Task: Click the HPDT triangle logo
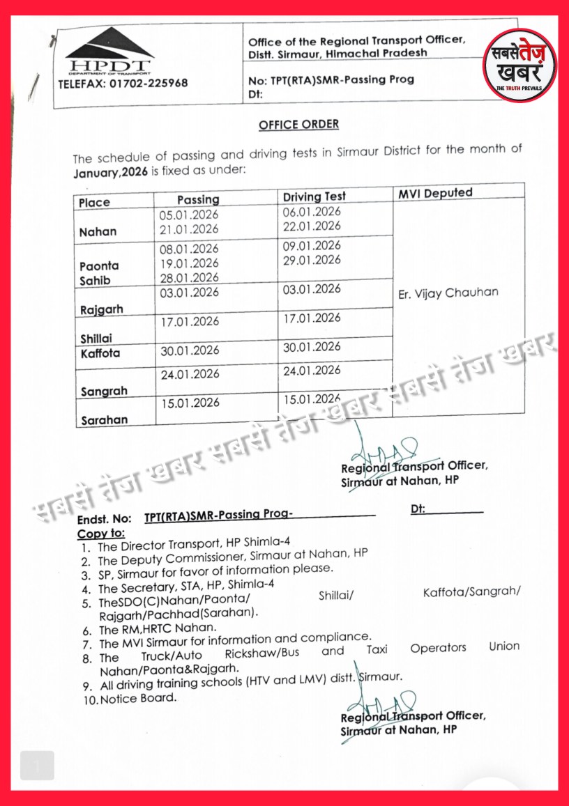click(110, 49)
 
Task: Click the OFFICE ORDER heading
click(298, 125)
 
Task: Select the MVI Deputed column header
click(435, 193)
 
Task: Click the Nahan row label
click(98, 232)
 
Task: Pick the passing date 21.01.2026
click(188, 229)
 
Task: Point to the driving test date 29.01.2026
click(312, 260)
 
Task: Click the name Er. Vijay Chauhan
click(448, 293)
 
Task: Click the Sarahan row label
click(104, 420)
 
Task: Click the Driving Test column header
click(314, 196)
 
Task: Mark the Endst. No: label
click(104, 519)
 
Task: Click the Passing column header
click(198, 200)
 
